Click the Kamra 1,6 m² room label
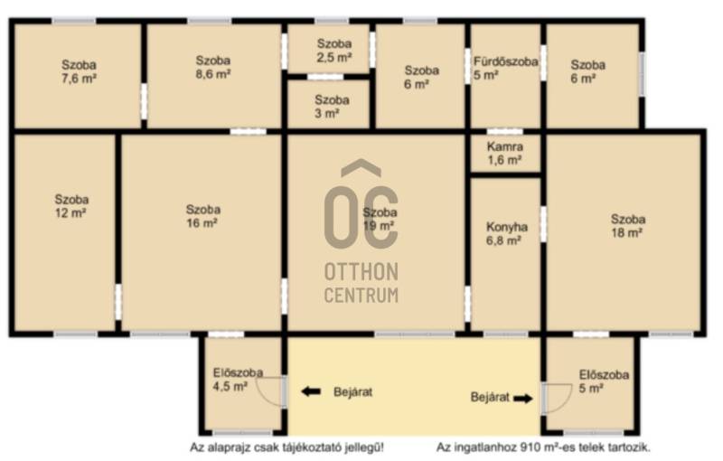point(505,154)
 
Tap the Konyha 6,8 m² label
point(506,234)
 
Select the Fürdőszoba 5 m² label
point(505,68)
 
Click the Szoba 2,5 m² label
point(334,51)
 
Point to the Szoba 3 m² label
point(332,107)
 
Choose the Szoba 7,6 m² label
point(79,72)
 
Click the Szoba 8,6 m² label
point(213,67)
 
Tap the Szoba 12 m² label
point(71,206)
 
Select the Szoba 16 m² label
point(202,216)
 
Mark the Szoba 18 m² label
point(627,226)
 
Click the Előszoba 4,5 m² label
point(238,380)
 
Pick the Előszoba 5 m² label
point(604,381)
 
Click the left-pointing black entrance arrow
point(311,392)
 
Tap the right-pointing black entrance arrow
point(523,399)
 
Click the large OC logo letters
point(361,217)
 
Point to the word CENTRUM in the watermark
point(361,295)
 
